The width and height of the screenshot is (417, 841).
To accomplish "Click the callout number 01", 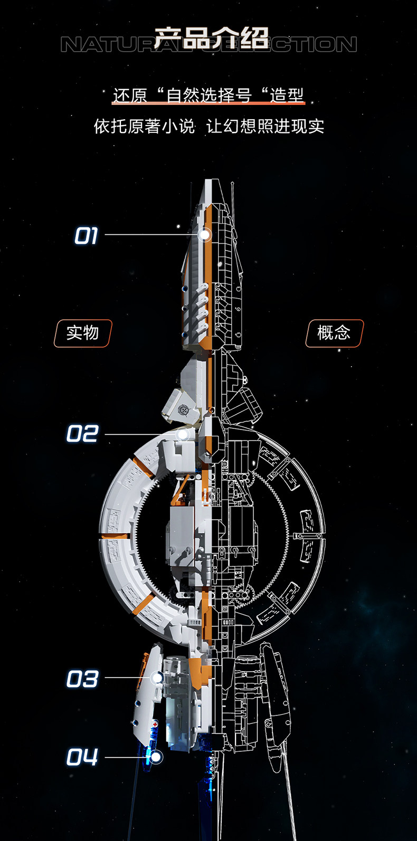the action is coord(86,235).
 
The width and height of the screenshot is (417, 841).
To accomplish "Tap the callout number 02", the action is coord(82,434).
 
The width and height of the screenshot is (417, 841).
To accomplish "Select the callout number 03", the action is coord(82,678).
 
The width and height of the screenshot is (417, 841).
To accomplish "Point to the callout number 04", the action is coord(82,758).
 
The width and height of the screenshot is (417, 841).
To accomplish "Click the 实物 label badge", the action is coord(83,333).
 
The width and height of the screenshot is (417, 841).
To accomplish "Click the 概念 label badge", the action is coord(334,333).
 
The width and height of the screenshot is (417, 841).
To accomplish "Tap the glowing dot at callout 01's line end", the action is coord(205,235).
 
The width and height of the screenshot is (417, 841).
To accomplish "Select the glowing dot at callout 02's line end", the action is coord(183,434).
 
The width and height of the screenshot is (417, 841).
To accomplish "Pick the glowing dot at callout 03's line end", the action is coord(157,678).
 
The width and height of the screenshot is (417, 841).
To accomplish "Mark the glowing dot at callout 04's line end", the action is coord(155,757).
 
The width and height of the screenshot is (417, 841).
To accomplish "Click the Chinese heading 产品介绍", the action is coord(211,38).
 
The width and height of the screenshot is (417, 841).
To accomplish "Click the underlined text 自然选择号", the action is coord(209,95).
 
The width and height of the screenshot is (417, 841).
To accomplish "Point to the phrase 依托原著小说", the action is coord(144,127).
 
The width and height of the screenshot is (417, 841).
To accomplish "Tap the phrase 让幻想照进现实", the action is coord(265,127).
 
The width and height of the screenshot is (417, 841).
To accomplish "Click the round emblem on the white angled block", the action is coord(184,410).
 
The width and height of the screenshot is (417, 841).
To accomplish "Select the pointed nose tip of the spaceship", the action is coord(210,183).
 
